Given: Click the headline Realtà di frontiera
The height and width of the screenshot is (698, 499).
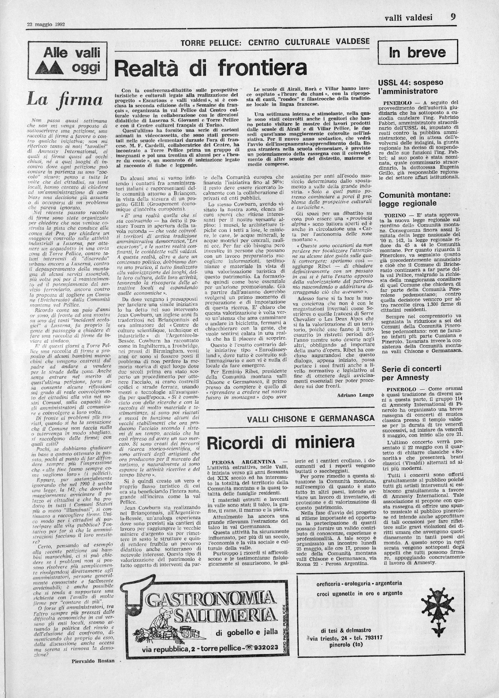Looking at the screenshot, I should (x=211, y=68).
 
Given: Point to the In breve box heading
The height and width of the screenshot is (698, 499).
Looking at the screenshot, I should (x=417, y=53).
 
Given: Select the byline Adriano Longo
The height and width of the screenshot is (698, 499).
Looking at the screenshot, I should (x=355, y=395).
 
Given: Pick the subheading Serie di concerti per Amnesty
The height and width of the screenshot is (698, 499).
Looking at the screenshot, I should (x=411, y=373).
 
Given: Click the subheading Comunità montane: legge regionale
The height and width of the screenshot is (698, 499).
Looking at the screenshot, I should (x=412, y=199).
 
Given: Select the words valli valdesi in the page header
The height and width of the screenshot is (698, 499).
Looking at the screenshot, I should (x=408, y=18).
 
